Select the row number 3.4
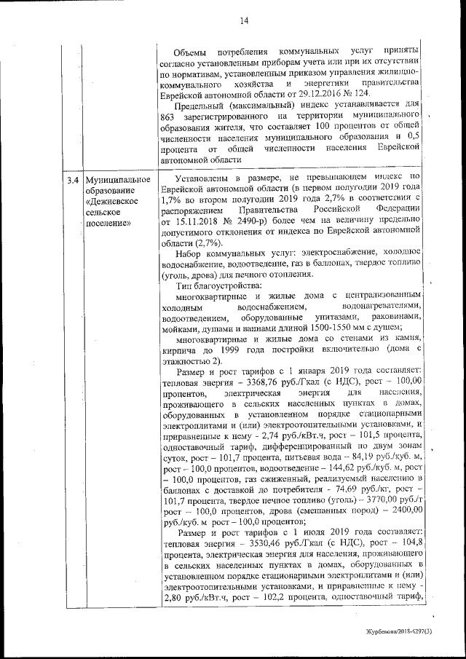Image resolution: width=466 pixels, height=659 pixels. pos(72,180)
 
